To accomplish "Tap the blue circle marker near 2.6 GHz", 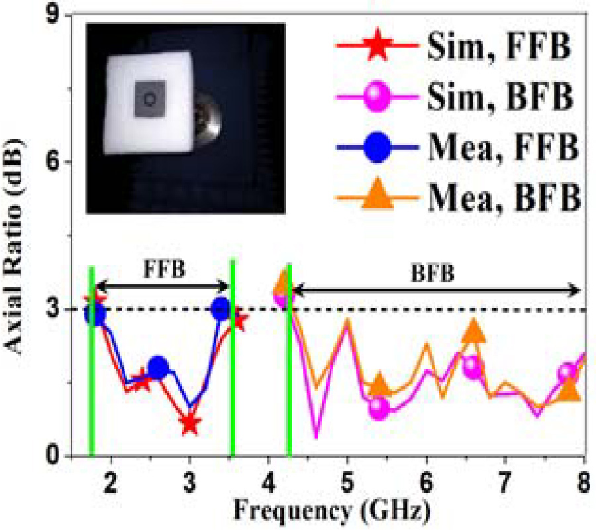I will [158, 366].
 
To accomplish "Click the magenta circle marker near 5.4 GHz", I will [378, 408].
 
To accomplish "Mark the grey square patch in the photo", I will [150, 99].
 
